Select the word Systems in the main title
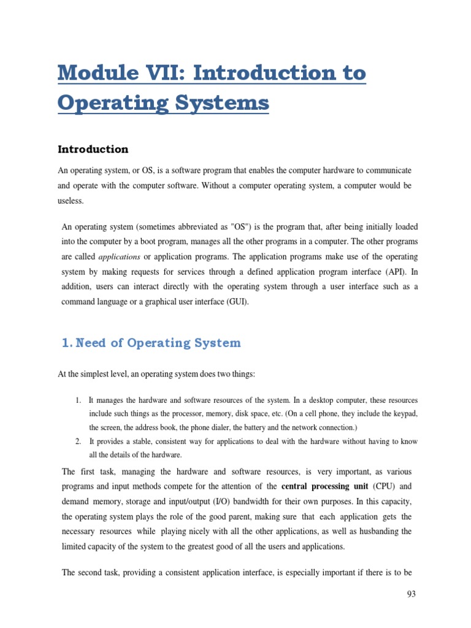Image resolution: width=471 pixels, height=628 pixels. coord(223,102)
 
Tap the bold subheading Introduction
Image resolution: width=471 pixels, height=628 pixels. coord(93,149)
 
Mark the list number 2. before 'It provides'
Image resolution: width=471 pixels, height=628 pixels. coord(78,441)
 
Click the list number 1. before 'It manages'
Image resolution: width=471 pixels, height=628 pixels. coord(78,400)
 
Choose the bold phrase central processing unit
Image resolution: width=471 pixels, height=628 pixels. coord(325,486)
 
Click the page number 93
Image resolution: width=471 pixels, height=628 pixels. coord(412,594)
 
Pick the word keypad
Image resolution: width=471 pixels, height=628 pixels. coord(405,414)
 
